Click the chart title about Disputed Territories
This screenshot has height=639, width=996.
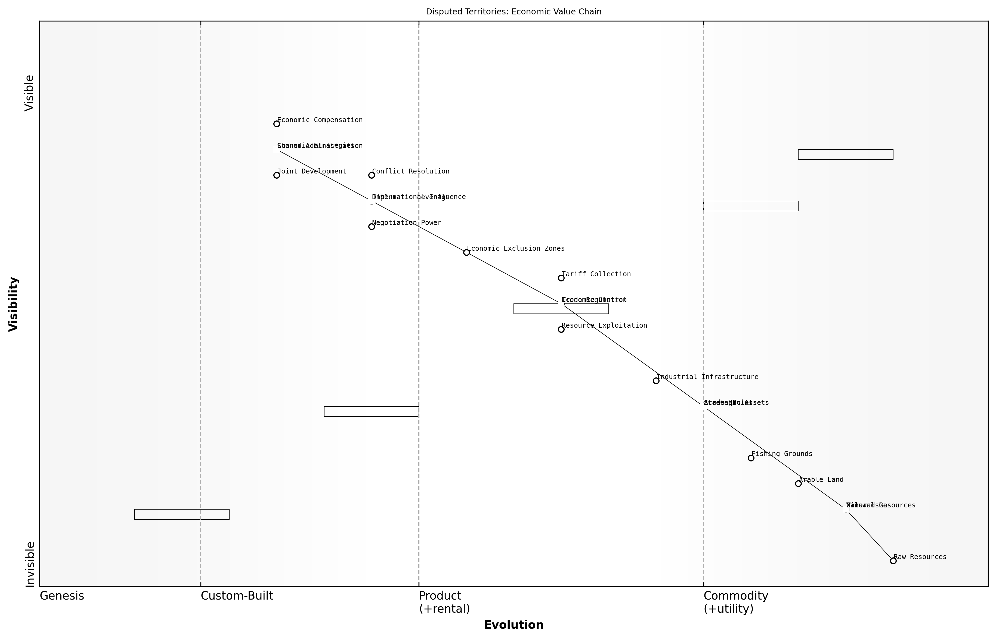pyautogui.click(x=513, y=12)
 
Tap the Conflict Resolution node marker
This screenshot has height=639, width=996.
pyautogui.click(x=372, y=175)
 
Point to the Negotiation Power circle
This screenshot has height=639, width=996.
pyautogui.click(x=372, y=227)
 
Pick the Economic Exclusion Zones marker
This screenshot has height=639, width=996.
pyautogui.click(x=466, y=252)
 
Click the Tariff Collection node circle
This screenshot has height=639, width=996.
pyautogui.click(x=561, y=278)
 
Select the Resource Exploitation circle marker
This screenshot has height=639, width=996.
pyautogui.click(x=561, y=330)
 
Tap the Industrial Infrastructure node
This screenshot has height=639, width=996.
pyautogui.click(x=656, y=380)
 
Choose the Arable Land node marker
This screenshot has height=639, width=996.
pyautogui.click(x=798, y=483)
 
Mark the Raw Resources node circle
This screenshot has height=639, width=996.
pyautogui.click(x=893, y=561)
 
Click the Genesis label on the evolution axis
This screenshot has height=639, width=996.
pyautogui.click(x=62, y=596)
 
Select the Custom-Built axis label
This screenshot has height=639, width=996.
pyautogui.click(x=237, y=596)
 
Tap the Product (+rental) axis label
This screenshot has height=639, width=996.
pyautogui.click(x=444, y=602)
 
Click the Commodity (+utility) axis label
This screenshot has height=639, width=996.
pyautogui.click(x=736, y=602)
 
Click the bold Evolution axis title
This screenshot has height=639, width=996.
pyautogui.click(x=513, y=625)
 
